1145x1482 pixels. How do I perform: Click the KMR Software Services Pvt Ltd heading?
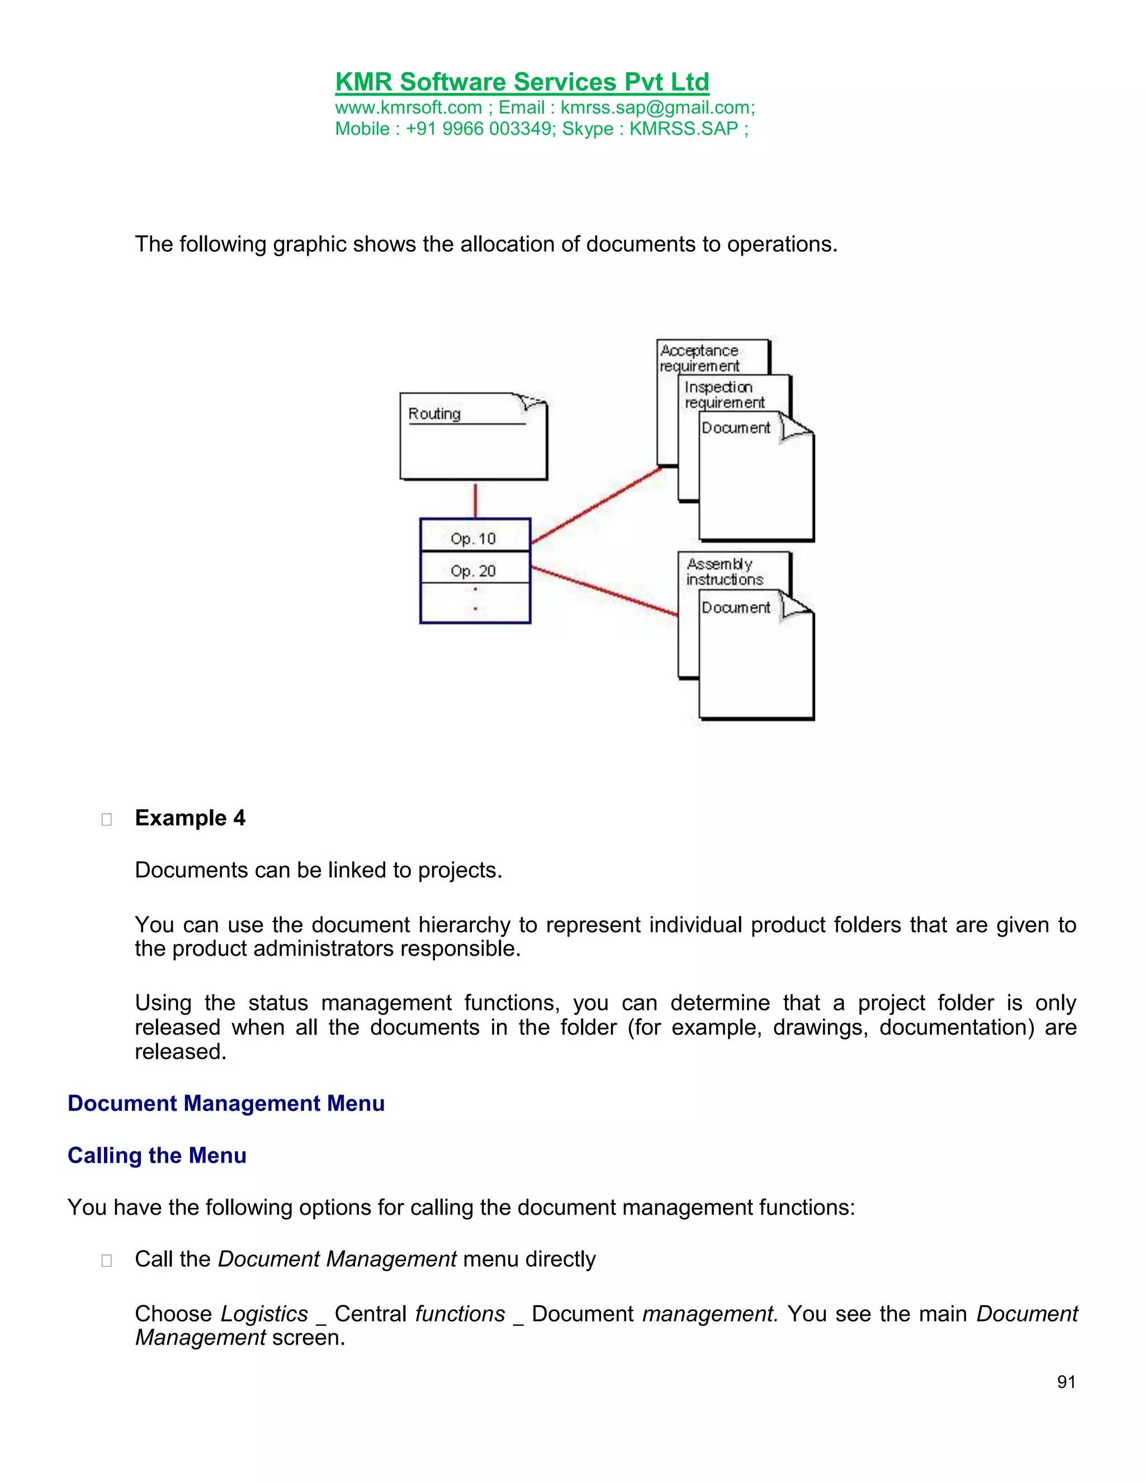[522, 82]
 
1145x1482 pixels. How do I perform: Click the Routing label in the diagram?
[434, 413]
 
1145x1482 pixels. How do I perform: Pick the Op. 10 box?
[474, 537]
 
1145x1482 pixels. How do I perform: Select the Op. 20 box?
[474, 570]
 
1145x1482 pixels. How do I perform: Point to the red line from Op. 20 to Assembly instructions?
[604, 592]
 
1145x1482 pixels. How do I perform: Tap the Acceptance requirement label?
[699, 357]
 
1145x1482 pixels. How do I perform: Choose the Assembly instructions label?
[724, 572]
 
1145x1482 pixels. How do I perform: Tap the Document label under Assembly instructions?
[735, 607]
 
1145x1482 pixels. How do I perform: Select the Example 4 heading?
[190, 818]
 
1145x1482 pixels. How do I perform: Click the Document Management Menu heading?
[226, 1103]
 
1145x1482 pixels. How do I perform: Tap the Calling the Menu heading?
[157, 1155]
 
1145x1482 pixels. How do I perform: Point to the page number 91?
[1066, 1381]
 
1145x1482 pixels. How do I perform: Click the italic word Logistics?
[264, 1314]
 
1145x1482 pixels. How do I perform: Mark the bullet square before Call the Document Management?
[106, 1260]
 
